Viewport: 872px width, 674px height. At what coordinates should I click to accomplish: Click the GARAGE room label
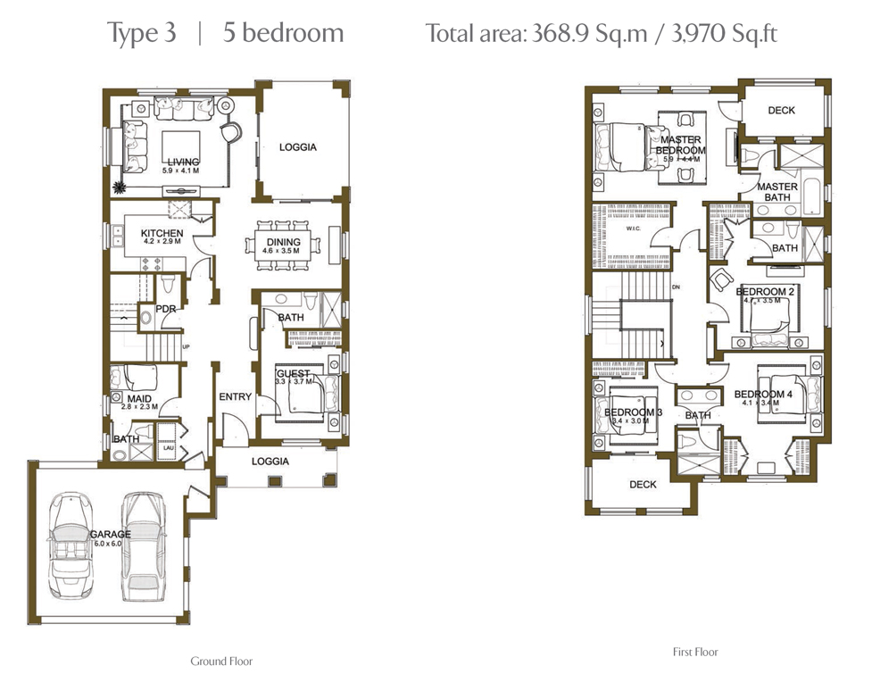[x=111, y=534]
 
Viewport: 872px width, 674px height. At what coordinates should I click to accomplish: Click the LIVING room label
[x=183, y=162]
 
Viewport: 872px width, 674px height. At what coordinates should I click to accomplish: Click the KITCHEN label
[x=162, y=233]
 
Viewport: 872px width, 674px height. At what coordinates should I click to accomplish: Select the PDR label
[x=166, y=309]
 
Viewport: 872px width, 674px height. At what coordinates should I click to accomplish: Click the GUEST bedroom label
[x=293, y=373]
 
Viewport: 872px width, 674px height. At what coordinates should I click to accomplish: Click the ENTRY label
[x=235, y=396]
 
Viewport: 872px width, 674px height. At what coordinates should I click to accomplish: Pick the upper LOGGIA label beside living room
[x=297, y=147]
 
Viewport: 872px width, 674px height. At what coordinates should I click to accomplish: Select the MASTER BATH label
[x=776, y=192]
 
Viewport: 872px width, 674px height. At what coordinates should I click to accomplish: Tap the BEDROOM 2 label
[x=765, y=292]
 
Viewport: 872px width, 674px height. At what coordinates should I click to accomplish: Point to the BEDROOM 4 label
[x=763, y=394]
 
